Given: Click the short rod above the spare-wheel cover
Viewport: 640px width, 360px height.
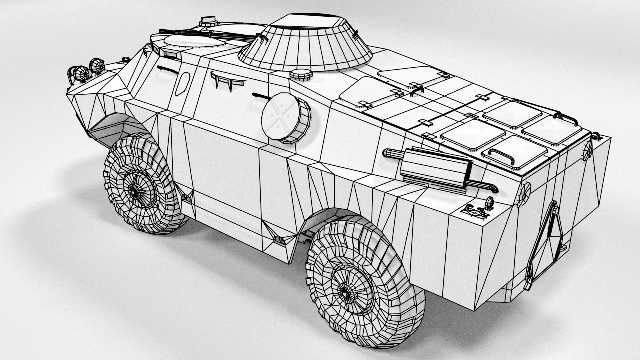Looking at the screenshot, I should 262,96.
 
